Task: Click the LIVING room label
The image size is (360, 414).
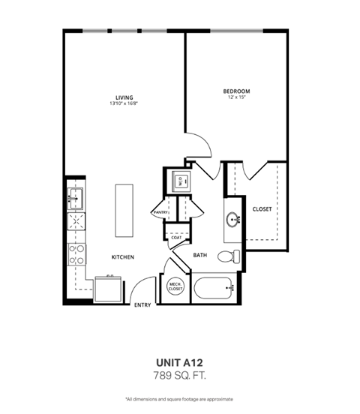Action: click(x=124, y=97)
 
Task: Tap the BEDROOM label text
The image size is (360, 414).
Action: click(x=235, y=91)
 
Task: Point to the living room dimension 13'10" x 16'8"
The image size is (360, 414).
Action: click(x=124, y=104)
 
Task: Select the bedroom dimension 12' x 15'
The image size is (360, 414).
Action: click(x=235, y=98)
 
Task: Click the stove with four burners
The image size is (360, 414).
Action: click(x=76, y=253)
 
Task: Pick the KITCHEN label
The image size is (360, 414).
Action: click(x=123, y=257)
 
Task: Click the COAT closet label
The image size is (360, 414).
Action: click(x=176, y=237)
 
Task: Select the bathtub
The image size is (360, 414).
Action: click(x=213, y=287)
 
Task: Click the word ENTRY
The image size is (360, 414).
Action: click(x=142, y=305)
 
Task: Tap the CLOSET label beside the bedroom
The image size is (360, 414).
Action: click(x=262, y=208)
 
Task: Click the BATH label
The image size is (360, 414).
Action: click(x=200, y=256)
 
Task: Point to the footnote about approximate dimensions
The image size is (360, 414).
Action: click(x=179, y=398)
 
